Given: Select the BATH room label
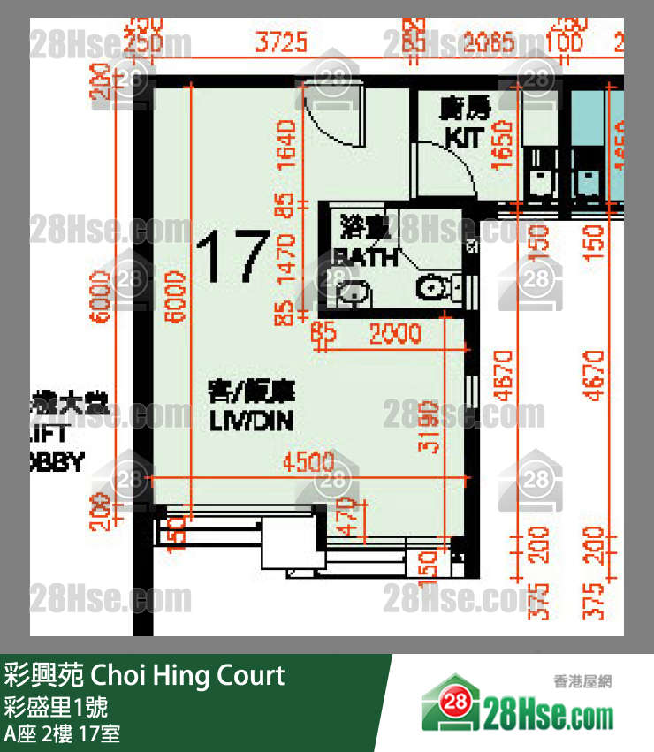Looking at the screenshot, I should pos(366,257).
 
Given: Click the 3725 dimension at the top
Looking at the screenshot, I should pos(280,42).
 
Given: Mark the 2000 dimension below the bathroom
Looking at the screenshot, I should pos(394,335).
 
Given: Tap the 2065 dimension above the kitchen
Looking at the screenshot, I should pos(490,42).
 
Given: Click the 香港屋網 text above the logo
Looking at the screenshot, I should pos(582,681).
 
